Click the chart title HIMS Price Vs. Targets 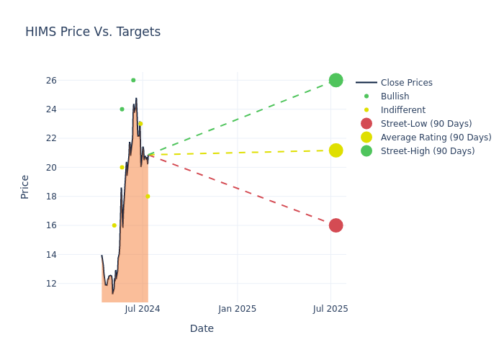[x=93, y=32]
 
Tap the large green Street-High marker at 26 [x=336, y=80]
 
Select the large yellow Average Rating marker [x=336, y=150]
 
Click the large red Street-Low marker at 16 [x=336, y=225]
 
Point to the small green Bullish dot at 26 [x=133, y=80]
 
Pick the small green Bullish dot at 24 [x=122, y=109]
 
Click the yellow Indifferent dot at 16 [x=114, y=225]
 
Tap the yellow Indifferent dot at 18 [x=148, y=196]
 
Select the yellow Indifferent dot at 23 [x=140, y=124]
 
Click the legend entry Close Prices [x=406, y=83]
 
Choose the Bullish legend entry [x=395, y=96]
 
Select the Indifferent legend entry [x=402, y=110]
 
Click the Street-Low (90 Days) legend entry [x=426, y=124]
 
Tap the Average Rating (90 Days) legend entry [x=436, y=138]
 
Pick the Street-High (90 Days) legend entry [x=428, y=151]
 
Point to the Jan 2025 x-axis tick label [x=238, y=309]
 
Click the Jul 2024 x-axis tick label [x=143, y=309]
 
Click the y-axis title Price [x=25, y=186]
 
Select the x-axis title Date [x=202, y=329]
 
